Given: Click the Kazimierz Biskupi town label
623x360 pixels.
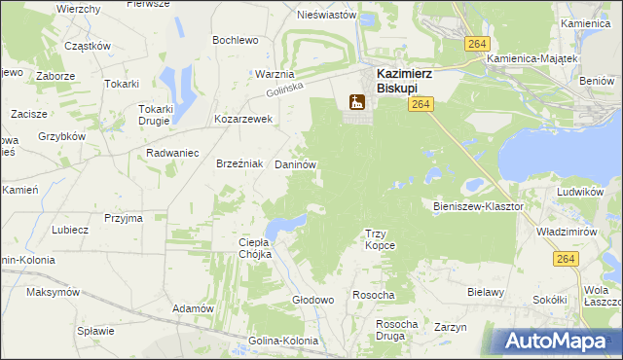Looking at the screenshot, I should point(404,79).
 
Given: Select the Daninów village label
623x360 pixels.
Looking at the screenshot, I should point(295,166).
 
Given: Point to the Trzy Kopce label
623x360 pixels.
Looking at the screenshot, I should point(380,239).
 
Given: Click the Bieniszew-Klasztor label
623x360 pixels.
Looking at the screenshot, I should point(477,207).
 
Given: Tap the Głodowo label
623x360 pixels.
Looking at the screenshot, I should point(313,301).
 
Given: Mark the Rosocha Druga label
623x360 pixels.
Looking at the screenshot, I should point(396,330).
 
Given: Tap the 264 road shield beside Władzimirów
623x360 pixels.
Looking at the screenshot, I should point(566,258).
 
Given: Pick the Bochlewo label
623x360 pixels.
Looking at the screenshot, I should point(236,40).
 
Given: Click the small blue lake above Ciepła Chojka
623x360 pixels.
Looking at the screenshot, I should point(280,228).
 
